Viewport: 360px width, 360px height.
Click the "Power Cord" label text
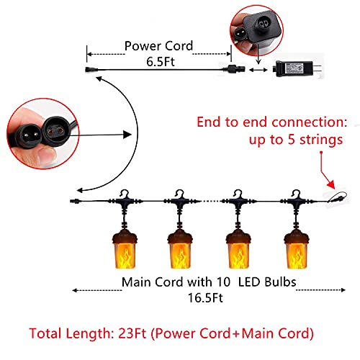(158, 45)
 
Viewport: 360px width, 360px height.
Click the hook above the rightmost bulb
(295, 194)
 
